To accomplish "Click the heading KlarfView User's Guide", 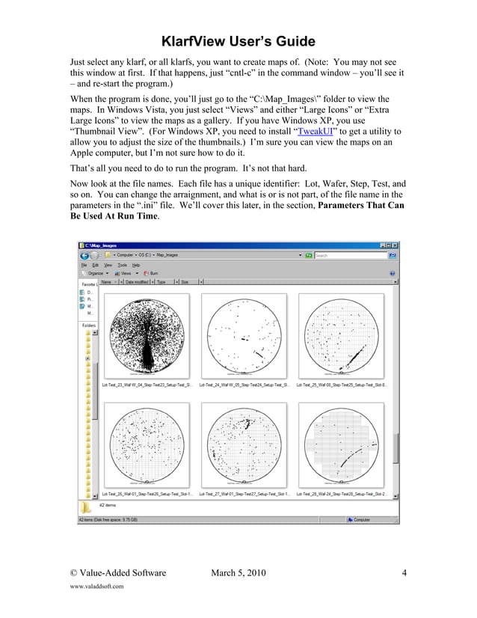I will pos(238,41).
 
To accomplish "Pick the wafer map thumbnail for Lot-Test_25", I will pos(341,334).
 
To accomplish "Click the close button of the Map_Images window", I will pos(395,245).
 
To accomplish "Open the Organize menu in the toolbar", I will pos(94,273).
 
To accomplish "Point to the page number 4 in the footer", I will pos(404,574).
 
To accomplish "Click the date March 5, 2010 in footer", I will pos(238,574).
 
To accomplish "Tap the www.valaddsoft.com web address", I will pos(96,587).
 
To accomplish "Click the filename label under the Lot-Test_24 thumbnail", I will pos(244,385).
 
